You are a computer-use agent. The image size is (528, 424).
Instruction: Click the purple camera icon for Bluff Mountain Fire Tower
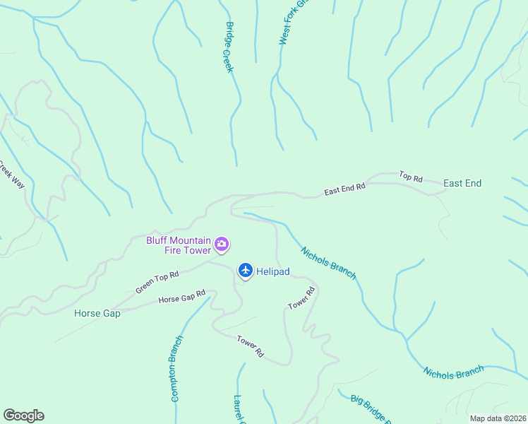coord(222,245)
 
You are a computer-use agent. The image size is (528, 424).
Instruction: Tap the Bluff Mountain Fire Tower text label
coord(179,245)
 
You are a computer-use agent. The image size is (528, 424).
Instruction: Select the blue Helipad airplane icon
coord(245,270)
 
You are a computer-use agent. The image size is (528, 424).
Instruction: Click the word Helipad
coord(274,271)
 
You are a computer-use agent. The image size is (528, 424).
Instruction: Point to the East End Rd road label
coord(344,189)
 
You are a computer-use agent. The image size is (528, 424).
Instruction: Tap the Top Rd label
coord(410,176)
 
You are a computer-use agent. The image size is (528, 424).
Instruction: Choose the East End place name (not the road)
coord(462,184)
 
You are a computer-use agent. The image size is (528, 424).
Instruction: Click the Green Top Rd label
coord(157,282)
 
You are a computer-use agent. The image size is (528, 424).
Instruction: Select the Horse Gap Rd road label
coord(181,296)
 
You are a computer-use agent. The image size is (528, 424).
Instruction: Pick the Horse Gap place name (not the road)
coord(97,313)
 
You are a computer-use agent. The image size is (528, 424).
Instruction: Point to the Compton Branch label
coord(176,368)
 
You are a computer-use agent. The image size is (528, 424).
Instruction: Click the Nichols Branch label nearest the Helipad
coord(328,263)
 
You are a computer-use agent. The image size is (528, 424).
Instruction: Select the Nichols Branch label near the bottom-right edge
coord(454,371)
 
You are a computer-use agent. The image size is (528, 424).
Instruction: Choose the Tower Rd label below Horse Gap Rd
coord(250,346)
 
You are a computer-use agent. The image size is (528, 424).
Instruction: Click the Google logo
coord(23,416)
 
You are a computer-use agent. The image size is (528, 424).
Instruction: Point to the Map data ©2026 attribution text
coord(497,418)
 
